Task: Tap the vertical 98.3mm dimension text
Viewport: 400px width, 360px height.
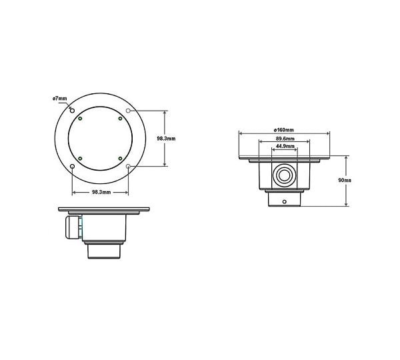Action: [x=165, y=138]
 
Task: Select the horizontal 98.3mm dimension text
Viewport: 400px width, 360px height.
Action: [x=101, y=191]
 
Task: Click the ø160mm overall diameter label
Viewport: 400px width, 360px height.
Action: [x=284, y=129]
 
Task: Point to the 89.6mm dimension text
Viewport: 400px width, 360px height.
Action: [x=285, y=139]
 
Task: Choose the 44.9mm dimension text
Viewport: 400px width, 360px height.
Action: [x=285, y=147]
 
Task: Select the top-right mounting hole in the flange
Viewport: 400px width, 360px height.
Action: [x=129, y=109]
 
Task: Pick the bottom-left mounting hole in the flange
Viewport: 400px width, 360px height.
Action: [x=72, y=166]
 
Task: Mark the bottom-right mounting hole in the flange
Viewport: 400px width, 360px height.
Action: [x=129, y=166]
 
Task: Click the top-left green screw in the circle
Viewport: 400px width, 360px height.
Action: [x=80, y=119]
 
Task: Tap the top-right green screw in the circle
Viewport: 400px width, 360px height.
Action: [x=120, y=119]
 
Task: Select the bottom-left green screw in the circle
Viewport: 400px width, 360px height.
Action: [x=80, y=158]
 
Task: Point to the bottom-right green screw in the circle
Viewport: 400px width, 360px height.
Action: [x=120, y=158]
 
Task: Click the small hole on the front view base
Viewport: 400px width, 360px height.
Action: [x=284, y=200]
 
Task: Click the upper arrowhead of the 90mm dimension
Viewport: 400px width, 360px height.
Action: [x=346, y=158]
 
